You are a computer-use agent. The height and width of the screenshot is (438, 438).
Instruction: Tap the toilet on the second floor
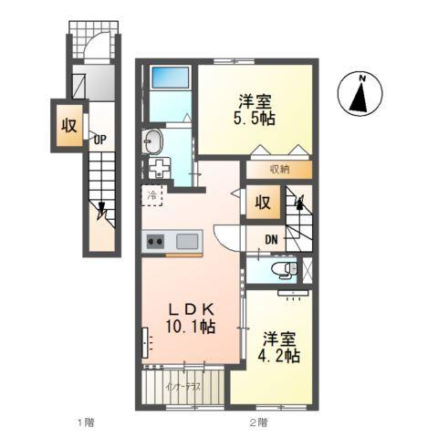pos(284,270)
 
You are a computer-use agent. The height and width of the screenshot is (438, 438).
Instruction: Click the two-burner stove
pos(153,242)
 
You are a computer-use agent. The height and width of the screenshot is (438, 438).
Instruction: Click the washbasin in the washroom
pos(152,141)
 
